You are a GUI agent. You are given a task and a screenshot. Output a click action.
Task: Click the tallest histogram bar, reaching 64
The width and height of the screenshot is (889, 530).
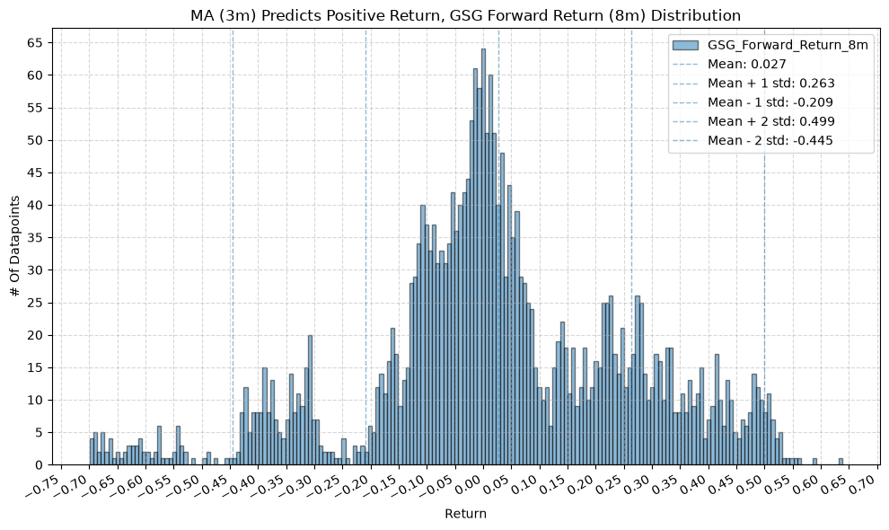tap(484, 257)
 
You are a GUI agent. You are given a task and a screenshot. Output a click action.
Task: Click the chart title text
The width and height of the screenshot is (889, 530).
tap(465, 15)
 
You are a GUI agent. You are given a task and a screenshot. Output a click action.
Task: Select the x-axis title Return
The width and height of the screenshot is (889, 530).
tap(465, 514)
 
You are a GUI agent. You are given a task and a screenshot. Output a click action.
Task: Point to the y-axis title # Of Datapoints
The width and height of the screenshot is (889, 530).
tap(15, 246)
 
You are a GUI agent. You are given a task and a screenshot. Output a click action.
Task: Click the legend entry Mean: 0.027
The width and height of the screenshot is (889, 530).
tap(747, 64)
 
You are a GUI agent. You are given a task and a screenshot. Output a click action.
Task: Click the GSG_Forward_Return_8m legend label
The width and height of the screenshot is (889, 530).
tap(788, 46)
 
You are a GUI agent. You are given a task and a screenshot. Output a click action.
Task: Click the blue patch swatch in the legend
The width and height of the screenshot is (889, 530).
tap(685, 45)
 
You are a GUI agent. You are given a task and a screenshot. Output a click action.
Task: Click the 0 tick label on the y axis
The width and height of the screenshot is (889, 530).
tap(40, 464)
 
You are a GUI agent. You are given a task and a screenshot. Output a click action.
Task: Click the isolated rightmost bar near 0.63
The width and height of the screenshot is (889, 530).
tap(841, 462)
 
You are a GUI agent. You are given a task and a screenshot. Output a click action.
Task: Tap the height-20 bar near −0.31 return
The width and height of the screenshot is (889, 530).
tap(310, 400)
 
